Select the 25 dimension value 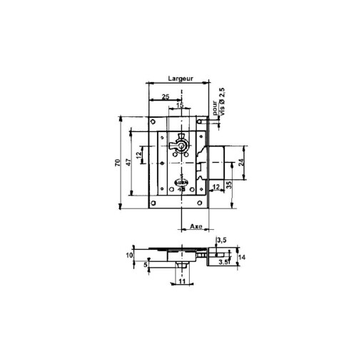[165, 96]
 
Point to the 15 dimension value [179, 104]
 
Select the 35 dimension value [228, 184]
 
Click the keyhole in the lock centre [183, 147]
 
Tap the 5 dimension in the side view [146, 266]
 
